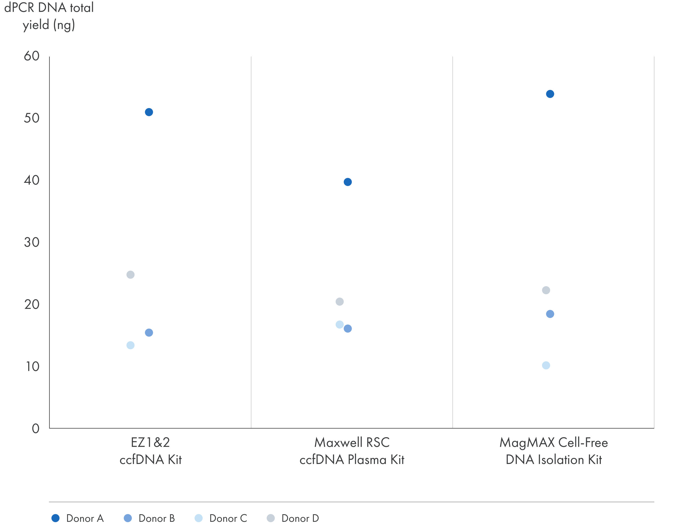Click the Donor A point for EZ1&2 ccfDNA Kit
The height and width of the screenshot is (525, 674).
149,112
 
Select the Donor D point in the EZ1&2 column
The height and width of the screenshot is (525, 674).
131,275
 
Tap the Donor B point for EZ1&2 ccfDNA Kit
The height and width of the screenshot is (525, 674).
149,333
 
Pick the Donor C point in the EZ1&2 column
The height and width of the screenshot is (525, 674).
131,345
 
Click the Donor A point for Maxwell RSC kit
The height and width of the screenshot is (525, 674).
348,182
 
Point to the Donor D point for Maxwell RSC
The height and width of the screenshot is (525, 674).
339,301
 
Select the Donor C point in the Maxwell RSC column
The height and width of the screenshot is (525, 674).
339,325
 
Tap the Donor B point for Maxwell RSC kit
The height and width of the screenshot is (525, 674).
348,329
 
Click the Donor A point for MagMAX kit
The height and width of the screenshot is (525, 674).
550,94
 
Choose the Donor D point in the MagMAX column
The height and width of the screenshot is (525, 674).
546,290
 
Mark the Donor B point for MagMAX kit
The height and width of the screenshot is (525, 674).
550,314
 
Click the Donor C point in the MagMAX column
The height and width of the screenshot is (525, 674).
546,365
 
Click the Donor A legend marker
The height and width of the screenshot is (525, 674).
56,518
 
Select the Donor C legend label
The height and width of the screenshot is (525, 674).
228,518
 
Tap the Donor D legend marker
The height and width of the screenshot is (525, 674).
271,518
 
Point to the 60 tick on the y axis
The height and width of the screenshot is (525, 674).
32,56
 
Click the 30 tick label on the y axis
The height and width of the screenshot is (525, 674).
32,242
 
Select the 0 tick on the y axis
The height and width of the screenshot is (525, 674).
36,428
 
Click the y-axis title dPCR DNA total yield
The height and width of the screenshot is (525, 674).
49,16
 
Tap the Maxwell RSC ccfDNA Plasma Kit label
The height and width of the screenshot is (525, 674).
352,451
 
